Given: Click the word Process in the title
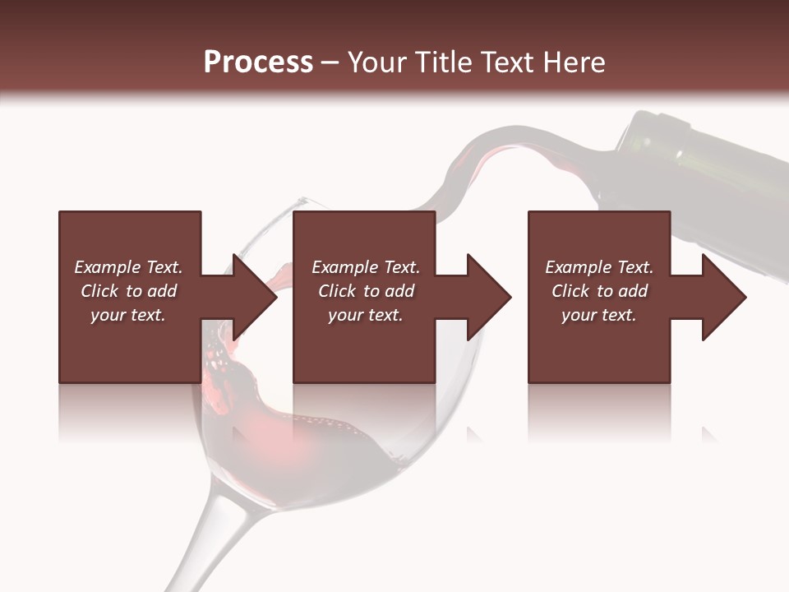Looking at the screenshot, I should pyautogui.click(x=258, y=62).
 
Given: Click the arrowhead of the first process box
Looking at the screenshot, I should pyautogui.click(x=255, y=297).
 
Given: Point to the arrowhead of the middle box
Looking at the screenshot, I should pyautogui.click(x=489, y=297).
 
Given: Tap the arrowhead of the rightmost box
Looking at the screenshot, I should pyautogui.click(x=724, y=297).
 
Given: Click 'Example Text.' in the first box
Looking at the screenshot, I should pyautogui.click(x=128, y=267).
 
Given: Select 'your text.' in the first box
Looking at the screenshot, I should pyautogui.click(x=128, y=315).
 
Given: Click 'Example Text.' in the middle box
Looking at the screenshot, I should pyautogui.click(x=365, y=267).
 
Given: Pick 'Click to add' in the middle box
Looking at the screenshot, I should pyautogui.click(x=365, y=291).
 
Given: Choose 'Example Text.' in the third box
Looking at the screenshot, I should pyautogui.click(x=599, y=267).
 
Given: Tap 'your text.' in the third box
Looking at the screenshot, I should pyautogui.click(x=599, y=315).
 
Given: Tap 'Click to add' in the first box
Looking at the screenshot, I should pyautogui.click(x=128, y=291).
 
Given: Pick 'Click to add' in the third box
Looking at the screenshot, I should pyautogui.click(x=599, y=291).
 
